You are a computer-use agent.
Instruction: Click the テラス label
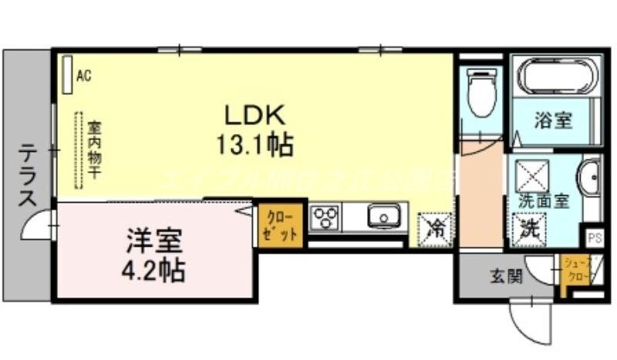27,176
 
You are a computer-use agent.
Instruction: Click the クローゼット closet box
278,224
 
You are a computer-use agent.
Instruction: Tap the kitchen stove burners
325,218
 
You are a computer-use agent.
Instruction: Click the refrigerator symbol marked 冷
435,228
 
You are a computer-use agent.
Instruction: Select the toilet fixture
482,93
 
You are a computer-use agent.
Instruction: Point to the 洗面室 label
542,200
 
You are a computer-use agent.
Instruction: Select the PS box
594,237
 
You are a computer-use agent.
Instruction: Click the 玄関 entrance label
506,275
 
